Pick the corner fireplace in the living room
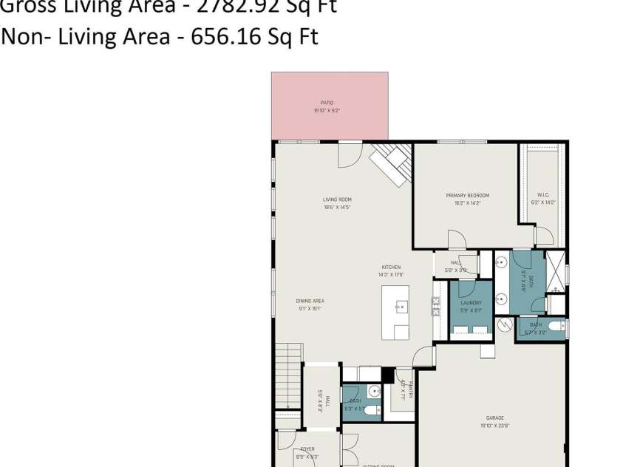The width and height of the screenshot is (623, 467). coord(391,163)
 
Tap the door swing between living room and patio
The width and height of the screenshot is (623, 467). coord(350,155)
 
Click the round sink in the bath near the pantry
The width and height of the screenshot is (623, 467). coord(374,392)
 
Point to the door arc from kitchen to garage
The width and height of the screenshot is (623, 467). coord(424,357)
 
